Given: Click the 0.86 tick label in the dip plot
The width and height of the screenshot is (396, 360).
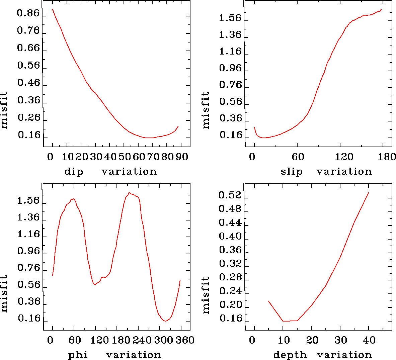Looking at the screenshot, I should coord(28,14).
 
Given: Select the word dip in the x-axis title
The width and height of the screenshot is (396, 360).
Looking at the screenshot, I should coord(74,172).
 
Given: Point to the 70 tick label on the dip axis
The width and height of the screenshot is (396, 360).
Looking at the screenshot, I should coord(151,157).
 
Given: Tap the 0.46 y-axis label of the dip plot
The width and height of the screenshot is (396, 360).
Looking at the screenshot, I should coord(28,83).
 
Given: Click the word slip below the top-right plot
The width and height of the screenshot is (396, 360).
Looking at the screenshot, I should coord(292,172).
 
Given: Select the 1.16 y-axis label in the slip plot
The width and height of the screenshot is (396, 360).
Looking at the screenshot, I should coord(230,52).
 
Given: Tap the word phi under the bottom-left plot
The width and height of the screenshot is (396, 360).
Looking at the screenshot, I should coord(78,355).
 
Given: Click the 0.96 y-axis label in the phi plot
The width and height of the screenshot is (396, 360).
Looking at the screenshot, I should coord(28,251).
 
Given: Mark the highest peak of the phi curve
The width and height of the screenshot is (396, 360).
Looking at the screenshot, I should coord(129,193).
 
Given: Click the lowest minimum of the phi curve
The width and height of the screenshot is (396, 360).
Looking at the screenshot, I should coord(165,321).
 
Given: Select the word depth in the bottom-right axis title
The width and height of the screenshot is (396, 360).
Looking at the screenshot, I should coord(290,355).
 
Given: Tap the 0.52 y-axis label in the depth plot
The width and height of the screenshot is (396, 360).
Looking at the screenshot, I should coord(230,195).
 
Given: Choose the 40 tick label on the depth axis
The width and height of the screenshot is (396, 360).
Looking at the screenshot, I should coord(369,340).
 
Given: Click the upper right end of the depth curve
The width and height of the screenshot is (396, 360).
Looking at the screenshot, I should coord(369,193).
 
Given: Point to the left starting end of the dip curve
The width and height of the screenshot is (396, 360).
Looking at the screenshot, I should coord(53,9).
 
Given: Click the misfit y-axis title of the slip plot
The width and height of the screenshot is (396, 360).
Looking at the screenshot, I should coord(206,110).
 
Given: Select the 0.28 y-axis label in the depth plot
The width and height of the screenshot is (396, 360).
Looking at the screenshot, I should coord(230,277).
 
